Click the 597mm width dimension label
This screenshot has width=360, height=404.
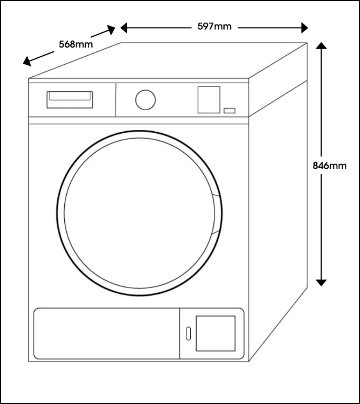215,27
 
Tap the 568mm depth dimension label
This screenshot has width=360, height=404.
76,44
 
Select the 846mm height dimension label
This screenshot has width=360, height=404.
330,166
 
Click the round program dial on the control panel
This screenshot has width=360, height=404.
145,99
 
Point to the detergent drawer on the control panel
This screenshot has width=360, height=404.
69,99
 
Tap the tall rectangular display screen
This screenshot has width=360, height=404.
208,99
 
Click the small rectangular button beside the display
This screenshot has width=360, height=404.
229,110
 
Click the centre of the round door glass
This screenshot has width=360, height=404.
139,213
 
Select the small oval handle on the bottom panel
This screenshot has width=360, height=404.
188,333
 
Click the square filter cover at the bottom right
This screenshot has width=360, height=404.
215,333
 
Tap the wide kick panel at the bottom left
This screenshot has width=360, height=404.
106,333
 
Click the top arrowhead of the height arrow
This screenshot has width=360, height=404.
321,46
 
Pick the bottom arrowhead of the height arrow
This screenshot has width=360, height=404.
321,282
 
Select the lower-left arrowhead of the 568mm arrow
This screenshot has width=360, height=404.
27,62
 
